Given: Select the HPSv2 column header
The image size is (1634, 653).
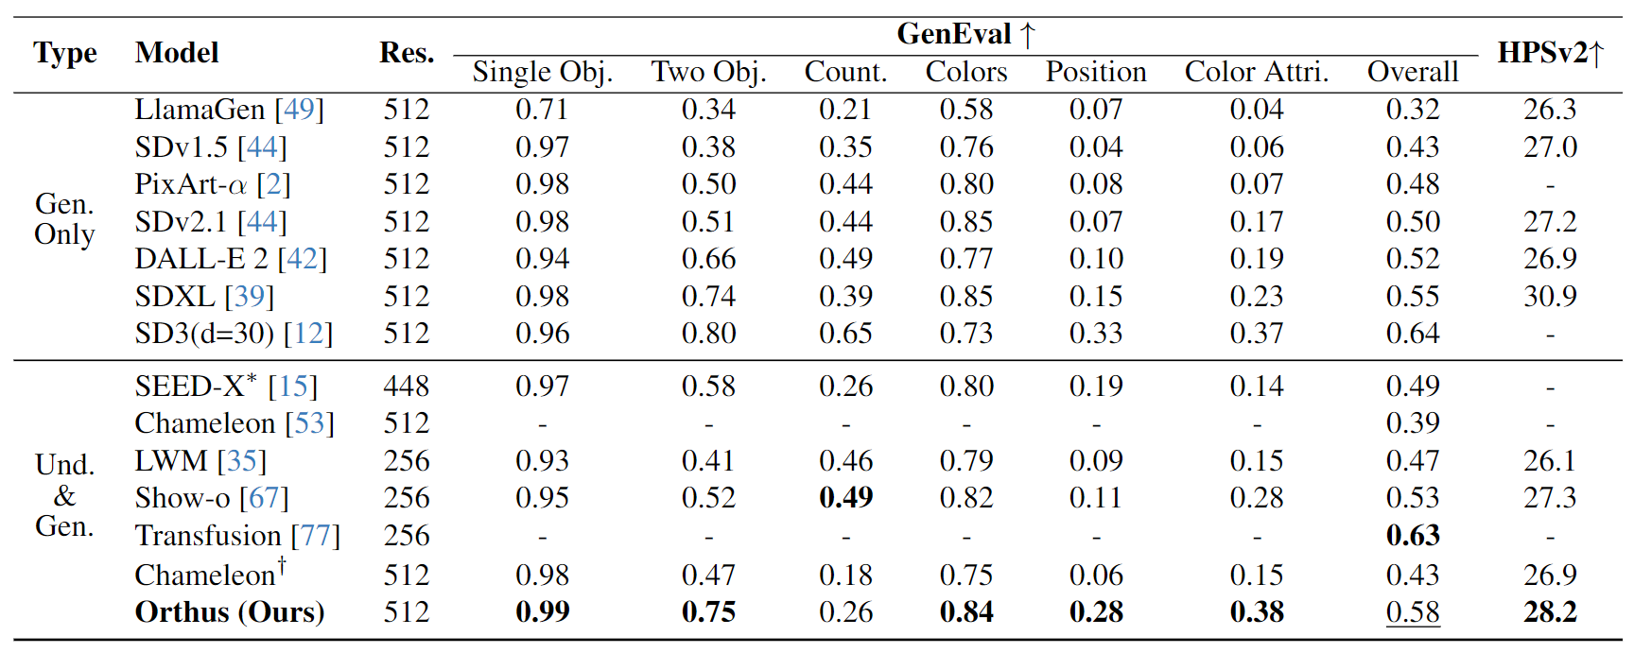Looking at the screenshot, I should pyautogui.click(x=1550, y=53).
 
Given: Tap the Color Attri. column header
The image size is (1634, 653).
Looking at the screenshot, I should pyautogui.click(x=1256, y=72).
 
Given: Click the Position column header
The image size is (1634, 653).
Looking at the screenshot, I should pyautogui.click(x=1095, y=72).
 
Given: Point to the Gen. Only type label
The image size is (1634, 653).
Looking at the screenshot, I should pyautogui.click(x=64, y=219).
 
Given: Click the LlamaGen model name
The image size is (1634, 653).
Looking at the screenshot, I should pyautogui.click(x=200, y=110).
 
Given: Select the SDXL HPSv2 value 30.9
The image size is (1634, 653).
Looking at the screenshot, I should pyautogui.click(x=1549, y=297).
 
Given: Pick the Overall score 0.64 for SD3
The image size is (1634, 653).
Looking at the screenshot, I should pyautogui.click(x=1412, y=334).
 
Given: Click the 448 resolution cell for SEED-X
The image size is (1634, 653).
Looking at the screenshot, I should pyautogui.click(x=406, y=387).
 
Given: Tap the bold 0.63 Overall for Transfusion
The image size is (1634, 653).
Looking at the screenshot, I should pyautogui.click(x=1412, y=536).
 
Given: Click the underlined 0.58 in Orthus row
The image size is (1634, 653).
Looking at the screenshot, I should pyautogui.click(x=1412, y=612).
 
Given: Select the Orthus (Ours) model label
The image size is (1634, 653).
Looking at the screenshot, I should pyautogui.click(x=230, y=612).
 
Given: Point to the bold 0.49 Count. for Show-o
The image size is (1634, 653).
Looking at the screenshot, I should pyautogui.click(x=845, y=498).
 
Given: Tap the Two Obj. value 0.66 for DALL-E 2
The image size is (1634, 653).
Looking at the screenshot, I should pyautogui.click(x=708, y=259).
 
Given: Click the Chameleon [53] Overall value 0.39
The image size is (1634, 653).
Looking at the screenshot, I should pyautogui.click(x=1412, y=423).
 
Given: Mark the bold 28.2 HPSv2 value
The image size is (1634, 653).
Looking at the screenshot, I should pyautogui.click(x=1549, y=612).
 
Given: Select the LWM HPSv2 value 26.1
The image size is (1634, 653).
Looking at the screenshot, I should pyautogui.click(x=1549, y=461).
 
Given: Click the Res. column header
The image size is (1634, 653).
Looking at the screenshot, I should pyautogui.click(x=407, y=53).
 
